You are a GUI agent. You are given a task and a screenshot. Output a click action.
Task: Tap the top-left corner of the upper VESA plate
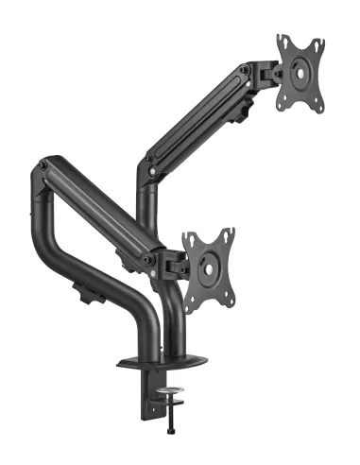(x=281, y=39)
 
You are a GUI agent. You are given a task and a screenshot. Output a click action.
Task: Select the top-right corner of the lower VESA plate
(x=231, y=231)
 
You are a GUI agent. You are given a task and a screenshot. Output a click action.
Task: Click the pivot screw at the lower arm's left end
(x=42, y=166)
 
